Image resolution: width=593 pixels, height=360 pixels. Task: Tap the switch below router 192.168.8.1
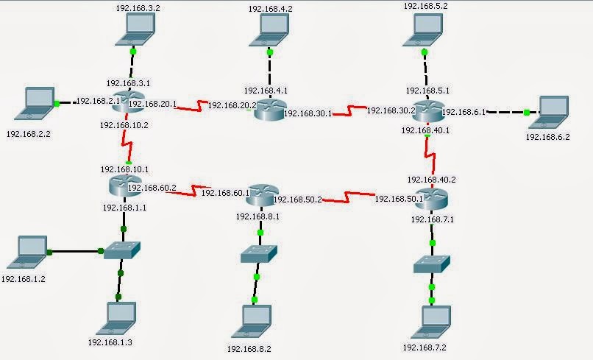pos(258,253)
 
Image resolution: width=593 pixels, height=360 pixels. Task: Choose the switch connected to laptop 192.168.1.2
pos(121,250)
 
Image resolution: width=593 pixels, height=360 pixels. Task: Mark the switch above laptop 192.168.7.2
pos(431,264)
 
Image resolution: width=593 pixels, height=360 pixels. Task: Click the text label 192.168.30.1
pos(307,114)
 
